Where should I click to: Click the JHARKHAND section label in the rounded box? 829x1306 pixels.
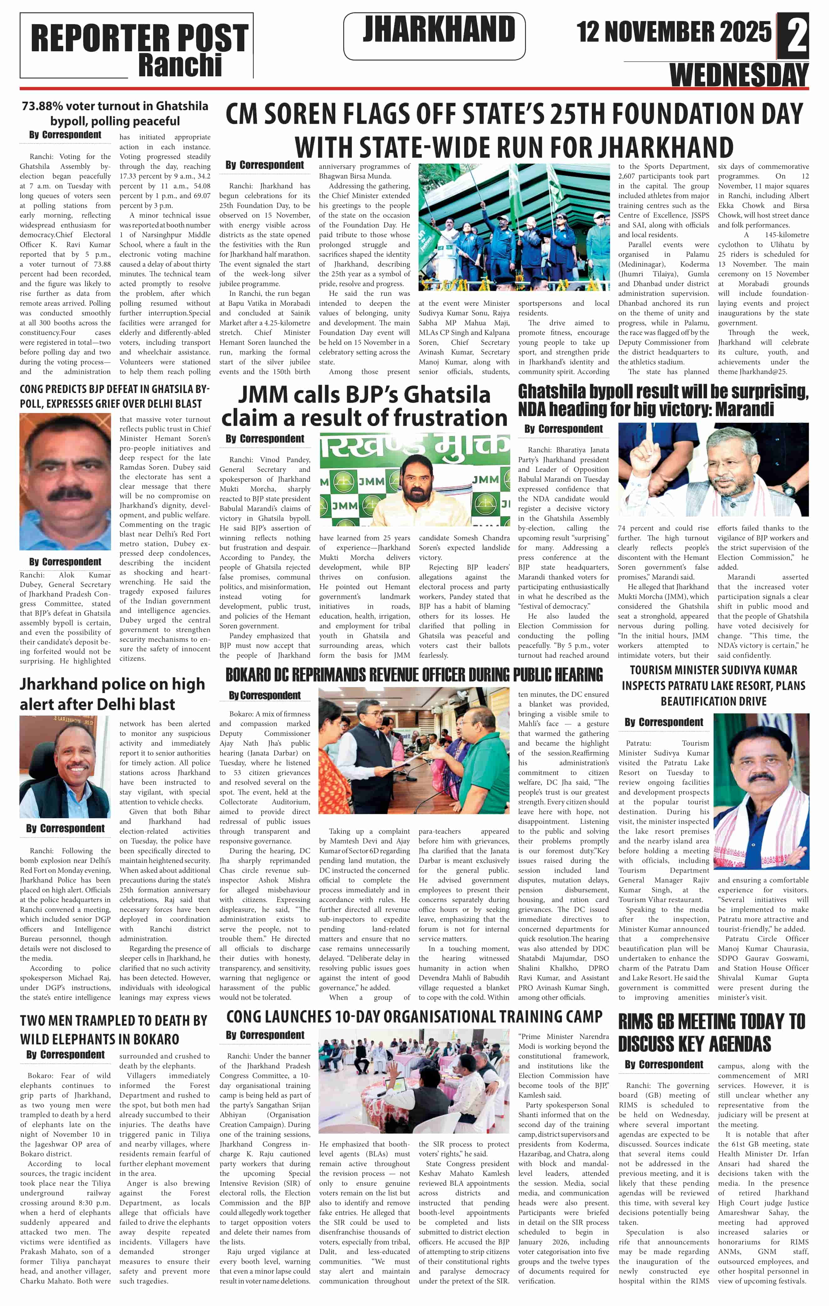click(x=439, y=30)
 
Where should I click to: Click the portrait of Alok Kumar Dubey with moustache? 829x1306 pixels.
click(x=65, y=482)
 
